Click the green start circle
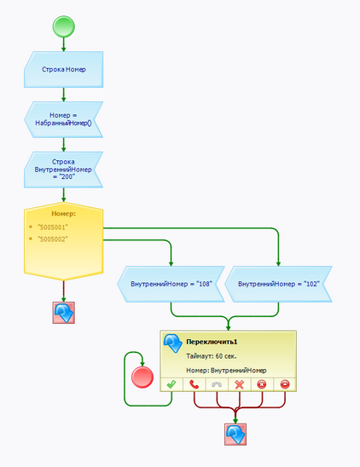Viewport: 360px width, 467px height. [x=63, y=26]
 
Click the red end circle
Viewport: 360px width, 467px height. [x=142, y=377]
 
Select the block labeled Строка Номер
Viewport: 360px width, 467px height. [x=63, y=69]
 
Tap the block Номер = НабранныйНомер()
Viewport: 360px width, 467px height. [x=63, y=119]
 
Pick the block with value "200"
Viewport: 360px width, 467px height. [x=63, y=170]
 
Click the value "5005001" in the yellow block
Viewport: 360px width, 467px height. [x=53, y=228]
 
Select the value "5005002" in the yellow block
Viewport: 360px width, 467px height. [x=53, y=239]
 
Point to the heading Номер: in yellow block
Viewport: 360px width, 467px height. [x=63, y=214]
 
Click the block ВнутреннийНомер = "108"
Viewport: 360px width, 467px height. [x=171, y=284]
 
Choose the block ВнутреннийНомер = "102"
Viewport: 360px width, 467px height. [x=278, y=284]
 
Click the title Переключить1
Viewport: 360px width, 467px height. [x=212, y=342]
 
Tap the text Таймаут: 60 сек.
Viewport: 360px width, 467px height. [x=212, y=356]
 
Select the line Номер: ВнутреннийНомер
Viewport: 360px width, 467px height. [x=226, y=370]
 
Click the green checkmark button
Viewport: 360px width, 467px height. [x=171, y=384]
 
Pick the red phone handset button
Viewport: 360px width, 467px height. [x=195, y=384]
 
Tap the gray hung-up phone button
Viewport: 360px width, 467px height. [x=217, y=384]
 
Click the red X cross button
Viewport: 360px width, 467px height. [x=240, y=384]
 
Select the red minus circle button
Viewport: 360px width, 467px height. [x=285, y=384]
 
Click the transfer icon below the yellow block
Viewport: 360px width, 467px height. [x=63, y=313]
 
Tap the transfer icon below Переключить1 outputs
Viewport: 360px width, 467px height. [x=235, y=435]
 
